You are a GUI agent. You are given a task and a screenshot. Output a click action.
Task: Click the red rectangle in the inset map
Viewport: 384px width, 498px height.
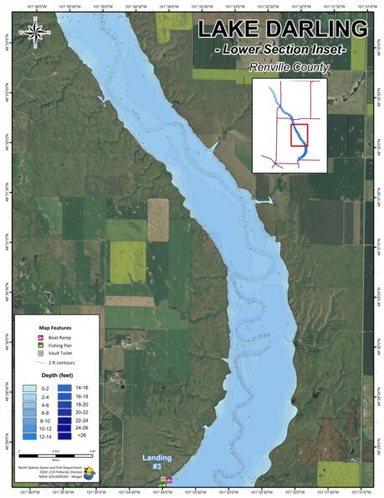[x=299, y=135]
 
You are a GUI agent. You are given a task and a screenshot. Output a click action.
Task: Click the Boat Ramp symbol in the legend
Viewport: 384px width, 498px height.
[x=40, y=337]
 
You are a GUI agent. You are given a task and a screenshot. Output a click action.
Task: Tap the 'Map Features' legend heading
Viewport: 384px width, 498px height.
[x=56, y=327]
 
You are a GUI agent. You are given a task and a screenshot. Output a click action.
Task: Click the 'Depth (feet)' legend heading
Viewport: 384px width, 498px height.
[x=57, y=376]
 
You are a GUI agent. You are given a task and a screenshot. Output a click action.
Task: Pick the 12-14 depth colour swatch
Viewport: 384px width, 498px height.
[x=28, y=437]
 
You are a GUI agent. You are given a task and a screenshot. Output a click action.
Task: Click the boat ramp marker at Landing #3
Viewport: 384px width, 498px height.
[x=170, y=480]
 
